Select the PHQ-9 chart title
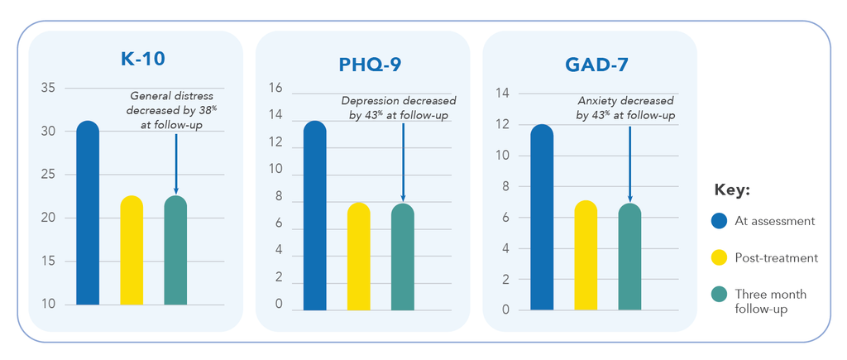(x=370, y=65)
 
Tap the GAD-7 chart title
(x=597, y=65)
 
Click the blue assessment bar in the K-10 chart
(x=88, y=213)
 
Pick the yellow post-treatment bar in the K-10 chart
(x=132, y=250)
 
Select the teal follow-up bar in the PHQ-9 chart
(x=403, y=257)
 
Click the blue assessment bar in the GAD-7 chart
(x=542, y=218)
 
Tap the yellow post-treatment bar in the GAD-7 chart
(x=586, y=255)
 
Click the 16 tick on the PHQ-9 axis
(x=275, y=88)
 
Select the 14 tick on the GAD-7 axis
(x=502, y=94)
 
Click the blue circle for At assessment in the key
(x=720, y=220)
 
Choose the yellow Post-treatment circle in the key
(x=720, y=258)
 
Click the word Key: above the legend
(x=732, y=190)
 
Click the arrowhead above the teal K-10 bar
(x=175, y=190)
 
